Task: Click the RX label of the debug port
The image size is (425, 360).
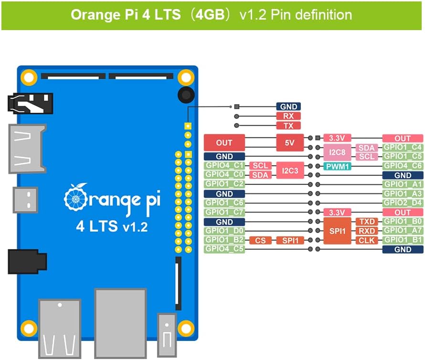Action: click(288, 116)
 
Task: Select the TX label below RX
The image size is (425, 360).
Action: click(288, 126)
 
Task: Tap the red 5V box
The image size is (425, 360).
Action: click(290, 143)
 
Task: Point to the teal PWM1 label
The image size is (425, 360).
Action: click(337, 166)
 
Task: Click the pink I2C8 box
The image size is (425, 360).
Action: click(337, 152)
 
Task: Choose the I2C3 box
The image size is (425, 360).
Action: click(290, 170)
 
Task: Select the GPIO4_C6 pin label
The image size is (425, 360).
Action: click(403, 166)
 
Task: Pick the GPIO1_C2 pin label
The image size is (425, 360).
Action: click(224, 184)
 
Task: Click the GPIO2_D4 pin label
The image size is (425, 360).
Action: click(403, 203)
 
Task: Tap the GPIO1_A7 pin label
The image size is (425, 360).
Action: click(403, 231)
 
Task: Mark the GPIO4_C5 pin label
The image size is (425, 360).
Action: click(224, 249)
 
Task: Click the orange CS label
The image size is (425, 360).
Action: click(260, 240)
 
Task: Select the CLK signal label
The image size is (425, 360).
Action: click(367, 240)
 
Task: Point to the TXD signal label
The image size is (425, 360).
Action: click(367, 222)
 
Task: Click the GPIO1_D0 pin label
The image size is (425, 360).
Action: click(224, 231)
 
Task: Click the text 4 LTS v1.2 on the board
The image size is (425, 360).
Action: click(112, 226)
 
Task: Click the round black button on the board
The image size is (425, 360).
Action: click(185, 95)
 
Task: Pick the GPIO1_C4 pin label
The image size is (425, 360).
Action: click(403, 148)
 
